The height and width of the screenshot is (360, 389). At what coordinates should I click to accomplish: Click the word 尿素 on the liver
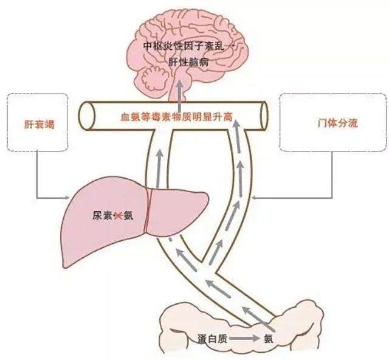pyautogui.click(x=103, y=215)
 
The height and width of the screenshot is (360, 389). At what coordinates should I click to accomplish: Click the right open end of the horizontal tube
pyautogui.click(x=263, y=114)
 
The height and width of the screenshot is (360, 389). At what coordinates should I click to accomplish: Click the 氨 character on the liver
pyautogui.click(x=128, y=215)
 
